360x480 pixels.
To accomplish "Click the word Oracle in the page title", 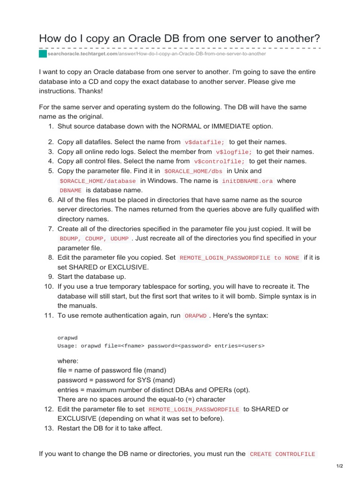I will tap(135, 38).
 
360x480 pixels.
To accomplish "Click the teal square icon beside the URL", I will tap(43, 54).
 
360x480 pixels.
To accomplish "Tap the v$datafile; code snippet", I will tap(205, 142).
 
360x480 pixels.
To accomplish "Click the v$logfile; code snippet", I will tap(234, 152).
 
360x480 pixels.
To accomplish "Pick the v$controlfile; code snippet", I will tap(219, 161).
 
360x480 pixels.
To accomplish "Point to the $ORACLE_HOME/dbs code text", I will tap(194, 171).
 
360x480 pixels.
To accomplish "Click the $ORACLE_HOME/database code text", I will tap(97, 181).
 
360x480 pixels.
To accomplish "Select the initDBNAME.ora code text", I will tap(247, 181).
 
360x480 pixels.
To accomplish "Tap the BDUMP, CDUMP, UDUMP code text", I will tap(94, 239).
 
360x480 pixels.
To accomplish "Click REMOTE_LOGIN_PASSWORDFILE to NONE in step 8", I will tap(239, 258).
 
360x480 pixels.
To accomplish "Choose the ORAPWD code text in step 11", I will tap(195, 316).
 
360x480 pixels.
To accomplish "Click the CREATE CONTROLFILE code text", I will tap(282, 454).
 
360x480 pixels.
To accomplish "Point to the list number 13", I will tap(49, 428).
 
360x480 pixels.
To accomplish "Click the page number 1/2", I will tap(340, 466).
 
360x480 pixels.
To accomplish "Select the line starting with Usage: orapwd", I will tap(161, 346).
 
